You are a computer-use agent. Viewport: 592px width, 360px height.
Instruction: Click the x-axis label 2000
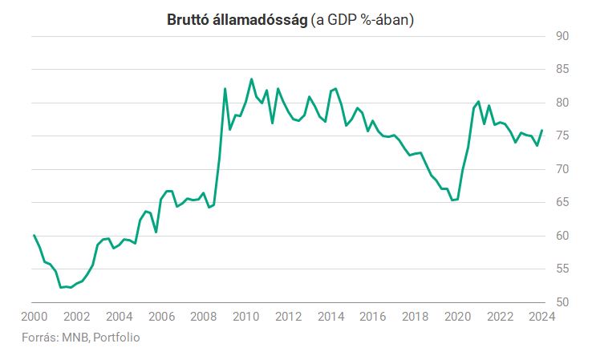[x=34, y=316]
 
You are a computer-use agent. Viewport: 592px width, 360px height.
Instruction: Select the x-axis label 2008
[x=203, y=316]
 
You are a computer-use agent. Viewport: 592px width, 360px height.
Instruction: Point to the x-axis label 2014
[x=330, y=316]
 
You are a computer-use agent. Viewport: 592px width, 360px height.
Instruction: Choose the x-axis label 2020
[x=457, y=316]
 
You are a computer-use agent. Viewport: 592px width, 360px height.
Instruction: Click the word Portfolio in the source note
[x=116, y=338]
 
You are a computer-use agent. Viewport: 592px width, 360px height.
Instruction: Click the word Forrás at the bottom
[x=40, y=338]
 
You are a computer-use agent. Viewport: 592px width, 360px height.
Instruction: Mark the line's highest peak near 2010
[x=251, y=79]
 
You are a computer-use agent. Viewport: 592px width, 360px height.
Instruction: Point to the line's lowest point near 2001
[x=60, y=287]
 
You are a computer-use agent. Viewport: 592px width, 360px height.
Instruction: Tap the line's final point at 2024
[x=542, y=130]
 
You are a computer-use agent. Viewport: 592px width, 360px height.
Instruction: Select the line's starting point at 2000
[x=34, y=235]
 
